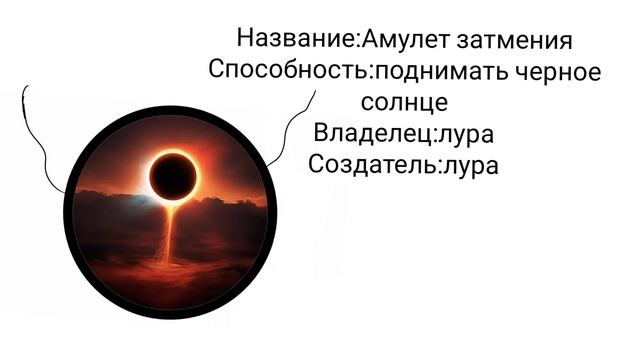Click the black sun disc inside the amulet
click(172, 177)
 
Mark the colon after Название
click(359, 43)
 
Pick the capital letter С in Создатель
click(318, 163)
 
